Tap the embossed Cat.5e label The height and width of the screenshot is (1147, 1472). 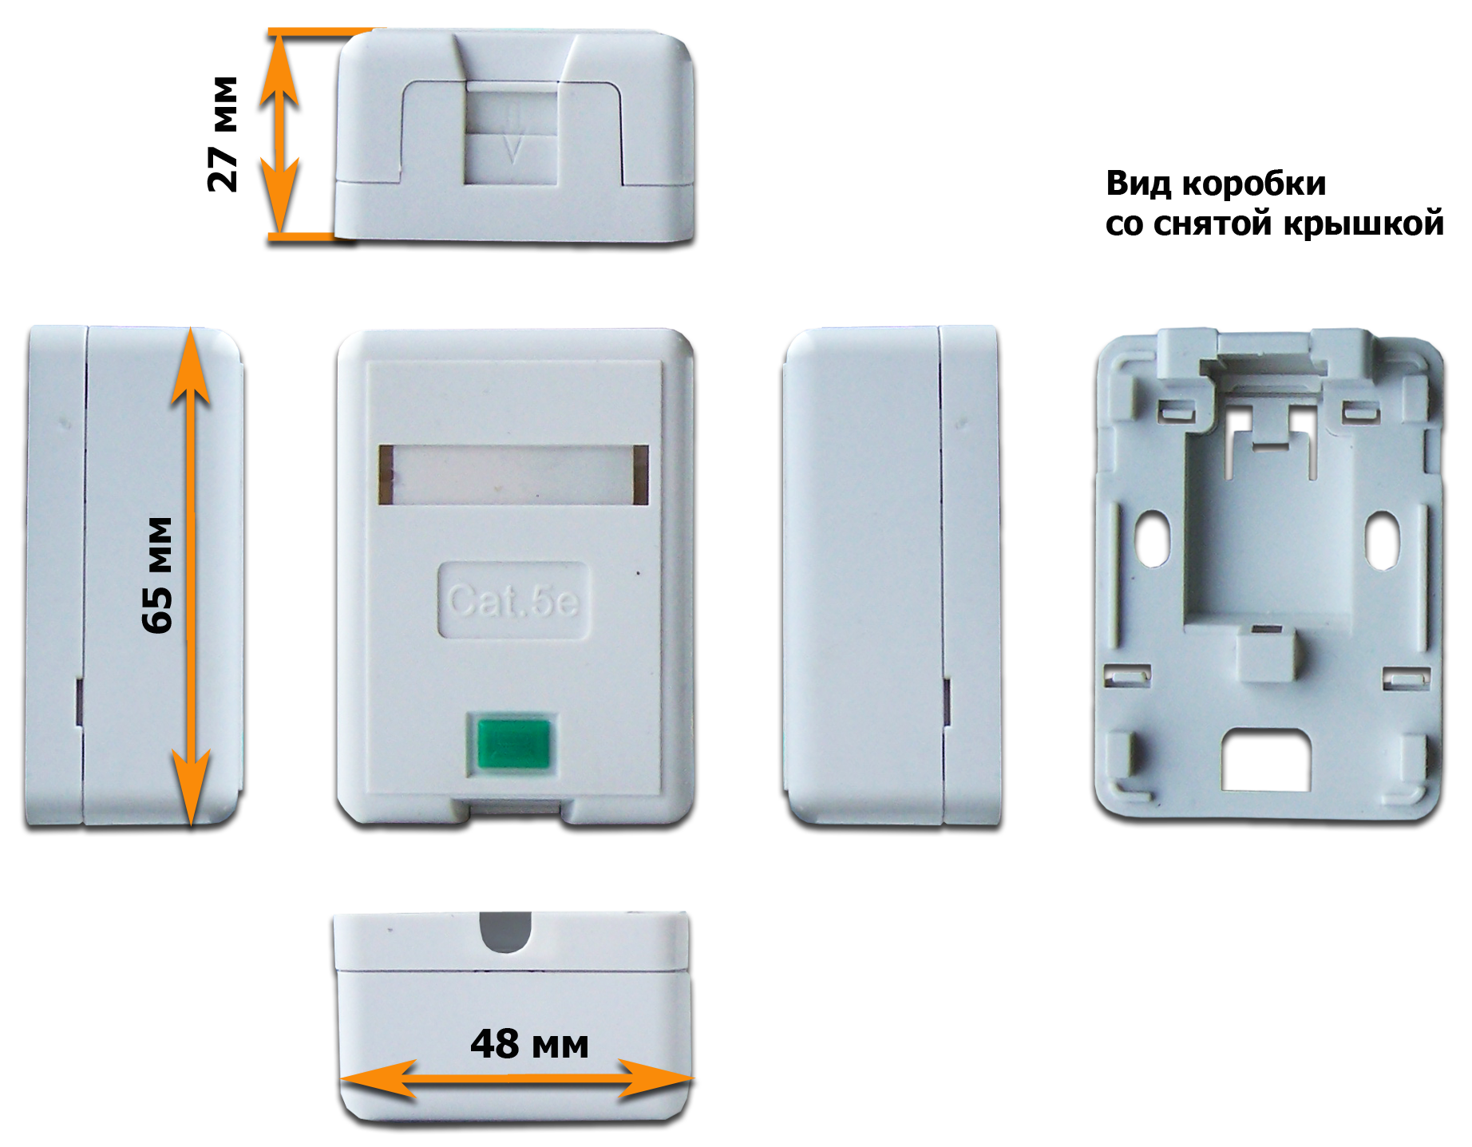coord(513,600)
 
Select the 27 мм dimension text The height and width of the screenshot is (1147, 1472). coord(223,134)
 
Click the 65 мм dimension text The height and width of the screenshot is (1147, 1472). coord(157,575)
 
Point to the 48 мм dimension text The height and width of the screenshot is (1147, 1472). coord(529,1044)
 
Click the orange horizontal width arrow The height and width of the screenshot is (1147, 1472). coord(516,1079)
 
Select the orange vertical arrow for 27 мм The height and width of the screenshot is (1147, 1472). coord(279,133)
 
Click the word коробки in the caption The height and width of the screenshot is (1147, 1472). coord(1254,184)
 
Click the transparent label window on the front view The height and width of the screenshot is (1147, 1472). coord(513,475)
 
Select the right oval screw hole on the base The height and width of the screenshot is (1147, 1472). coord(1382,540)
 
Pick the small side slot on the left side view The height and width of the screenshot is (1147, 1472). coord(79,702)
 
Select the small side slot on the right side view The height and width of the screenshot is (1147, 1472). coord(947,702)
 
